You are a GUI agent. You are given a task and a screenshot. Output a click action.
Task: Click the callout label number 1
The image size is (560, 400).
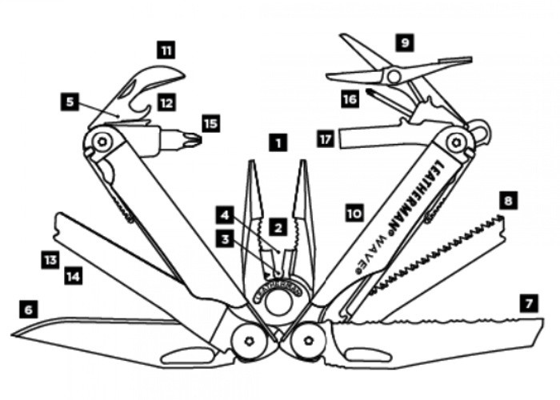tap(277, 144)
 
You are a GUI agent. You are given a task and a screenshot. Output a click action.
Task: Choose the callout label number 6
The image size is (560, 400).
tap(29, 307)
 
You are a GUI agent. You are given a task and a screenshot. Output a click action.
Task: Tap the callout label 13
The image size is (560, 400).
tap(50, 258)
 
